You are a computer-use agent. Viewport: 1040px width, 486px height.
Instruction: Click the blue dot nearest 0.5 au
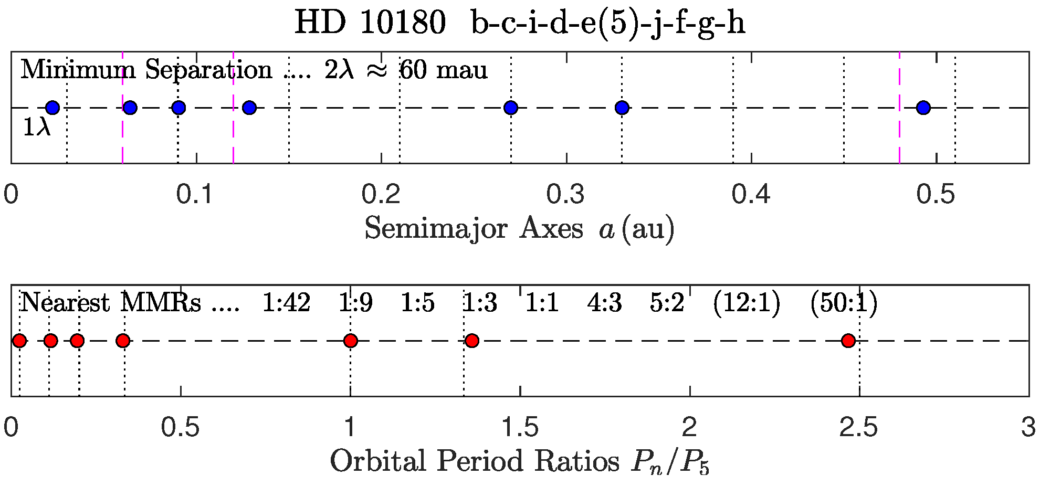(x=923, y=108)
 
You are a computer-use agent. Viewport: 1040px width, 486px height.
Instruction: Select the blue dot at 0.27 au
(x=510, y=108)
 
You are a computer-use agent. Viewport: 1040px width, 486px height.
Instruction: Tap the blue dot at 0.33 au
(x=622, y=108)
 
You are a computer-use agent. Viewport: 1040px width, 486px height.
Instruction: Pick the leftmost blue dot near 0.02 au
(x=52, y=108)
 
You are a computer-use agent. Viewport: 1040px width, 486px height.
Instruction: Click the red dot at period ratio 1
(x=351, y=341)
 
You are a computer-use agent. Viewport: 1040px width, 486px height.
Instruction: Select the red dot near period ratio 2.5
(x=848, y=341)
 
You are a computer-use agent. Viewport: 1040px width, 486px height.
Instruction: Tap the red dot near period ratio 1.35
(x=471, y=341)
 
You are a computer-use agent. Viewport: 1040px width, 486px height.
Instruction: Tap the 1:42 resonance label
(x=286, y=303)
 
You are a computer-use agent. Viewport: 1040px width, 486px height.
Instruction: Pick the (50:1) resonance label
(x=843, y=303)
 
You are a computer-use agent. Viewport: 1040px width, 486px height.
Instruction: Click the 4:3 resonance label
(x=604, y=303)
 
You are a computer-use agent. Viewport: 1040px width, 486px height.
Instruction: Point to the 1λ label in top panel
(x=36, y=128)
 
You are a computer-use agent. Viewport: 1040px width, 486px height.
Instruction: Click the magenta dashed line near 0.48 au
(x=899, y=136)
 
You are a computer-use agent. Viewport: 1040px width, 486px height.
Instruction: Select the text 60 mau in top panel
(x=444, y=70)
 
